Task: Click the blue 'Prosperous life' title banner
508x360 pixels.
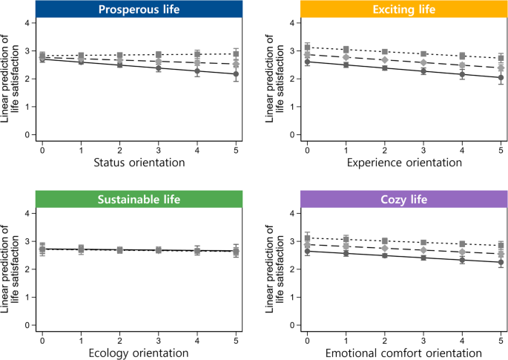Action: tap(139, 10)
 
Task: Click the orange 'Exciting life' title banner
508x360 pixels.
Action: tap(403, 10)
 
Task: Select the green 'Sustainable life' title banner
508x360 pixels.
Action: tap(139, 199)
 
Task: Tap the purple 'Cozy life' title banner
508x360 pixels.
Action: tap(403, 199)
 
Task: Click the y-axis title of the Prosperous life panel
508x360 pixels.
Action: tap(10, 82)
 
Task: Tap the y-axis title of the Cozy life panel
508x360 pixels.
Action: tap(274, 271)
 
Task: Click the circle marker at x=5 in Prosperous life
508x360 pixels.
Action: tap(236, 74)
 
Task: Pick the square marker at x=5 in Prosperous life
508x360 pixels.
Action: tap(236, 54)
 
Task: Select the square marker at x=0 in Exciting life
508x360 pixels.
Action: tap(307, 48)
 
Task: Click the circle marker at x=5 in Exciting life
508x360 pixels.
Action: tap(501, 78)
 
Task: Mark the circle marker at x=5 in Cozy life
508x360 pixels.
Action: tap(501, 262)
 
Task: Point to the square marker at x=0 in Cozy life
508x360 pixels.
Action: tap(307, 238)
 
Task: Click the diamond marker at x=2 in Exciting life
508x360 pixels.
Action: tap(384, 59)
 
